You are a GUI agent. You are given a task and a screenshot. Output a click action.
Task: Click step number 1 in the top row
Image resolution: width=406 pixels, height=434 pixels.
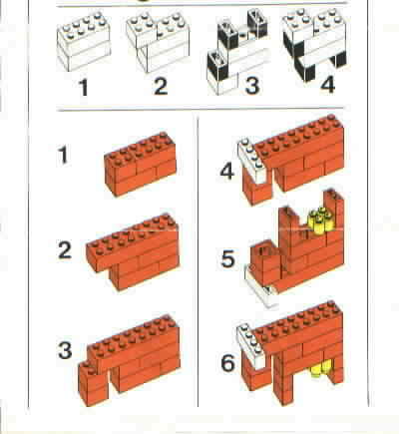[84, 88]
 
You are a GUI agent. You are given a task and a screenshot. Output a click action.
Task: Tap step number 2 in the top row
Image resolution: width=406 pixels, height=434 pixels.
[161, 86]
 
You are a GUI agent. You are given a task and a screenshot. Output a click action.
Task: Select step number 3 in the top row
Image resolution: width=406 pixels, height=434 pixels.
[251, 86]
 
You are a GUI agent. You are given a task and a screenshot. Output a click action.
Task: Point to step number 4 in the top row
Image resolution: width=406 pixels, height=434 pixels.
[327, 85]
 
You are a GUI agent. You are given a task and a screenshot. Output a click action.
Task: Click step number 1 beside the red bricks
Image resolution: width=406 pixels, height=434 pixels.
[63, 155]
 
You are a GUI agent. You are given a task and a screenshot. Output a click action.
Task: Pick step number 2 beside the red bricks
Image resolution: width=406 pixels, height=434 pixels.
[65, 250]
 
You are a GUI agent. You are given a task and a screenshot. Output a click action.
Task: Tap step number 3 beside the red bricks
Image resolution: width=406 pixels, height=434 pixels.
[65, 350]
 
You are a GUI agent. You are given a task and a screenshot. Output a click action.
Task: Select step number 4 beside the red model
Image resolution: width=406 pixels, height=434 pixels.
[227, 172]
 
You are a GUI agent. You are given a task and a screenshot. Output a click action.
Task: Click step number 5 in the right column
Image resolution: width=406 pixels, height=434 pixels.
[227, 259]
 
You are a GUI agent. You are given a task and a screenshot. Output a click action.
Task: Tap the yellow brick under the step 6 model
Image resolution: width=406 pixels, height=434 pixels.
[320, 369]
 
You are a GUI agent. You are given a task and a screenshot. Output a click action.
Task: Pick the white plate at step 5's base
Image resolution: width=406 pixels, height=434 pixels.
[261, 286]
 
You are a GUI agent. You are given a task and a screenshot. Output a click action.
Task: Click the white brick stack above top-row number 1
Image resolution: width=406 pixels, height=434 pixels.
[84, 42]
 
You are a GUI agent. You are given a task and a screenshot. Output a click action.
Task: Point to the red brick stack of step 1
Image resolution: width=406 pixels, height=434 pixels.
[141, 164]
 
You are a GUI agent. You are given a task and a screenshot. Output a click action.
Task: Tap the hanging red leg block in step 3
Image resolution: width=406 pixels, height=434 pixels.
[94, 383]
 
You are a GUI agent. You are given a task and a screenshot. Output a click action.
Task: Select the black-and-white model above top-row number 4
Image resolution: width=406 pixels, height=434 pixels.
[314, 44]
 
